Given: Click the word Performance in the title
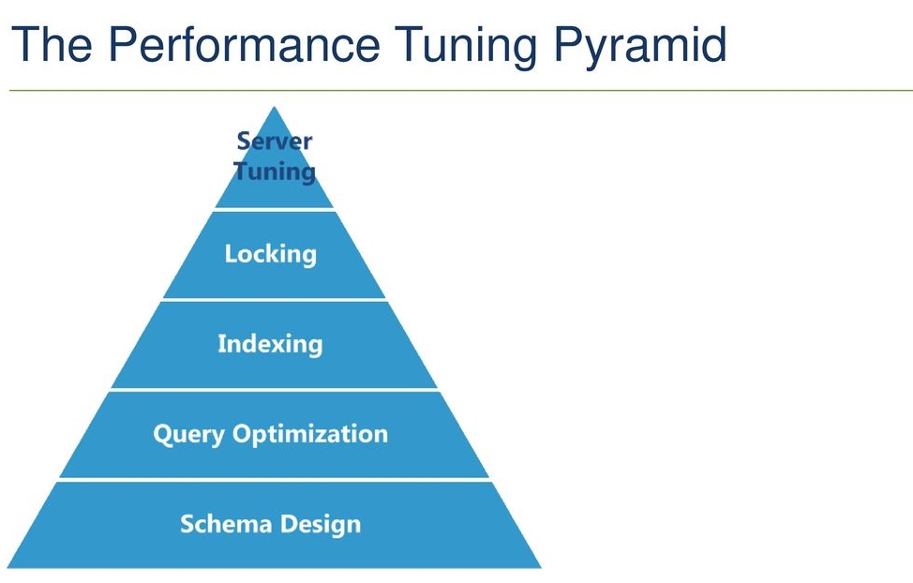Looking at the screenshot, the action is [245, 44].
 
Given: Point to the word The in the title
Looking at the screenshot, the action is [52, 44].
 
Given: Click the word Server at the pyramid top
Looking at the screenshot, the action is [275, 142].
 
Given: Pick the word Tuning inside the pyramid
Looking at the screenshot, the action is [275, 172].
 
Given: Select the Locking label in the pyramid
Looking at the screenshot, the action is [271, 255].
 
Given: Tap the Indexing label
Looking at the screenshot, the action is [270, 344].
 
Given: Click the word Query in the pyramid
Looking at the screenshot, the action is [188, 435].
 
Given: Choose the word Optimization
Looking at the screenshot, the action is [310, 435].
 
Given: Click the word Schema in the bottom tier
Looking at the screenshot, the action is [226, 524].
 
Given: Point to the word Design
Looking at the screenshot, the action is [321, 525].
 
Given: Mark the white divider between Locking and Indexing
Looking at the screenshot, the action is [275, 299].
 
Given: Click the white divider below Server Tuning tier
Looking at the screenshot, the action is [275, 209].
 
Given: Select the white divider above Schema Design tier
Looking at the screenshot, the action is [275, 479].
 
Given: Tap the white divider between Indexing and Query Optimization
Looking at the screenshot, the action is [275, 389].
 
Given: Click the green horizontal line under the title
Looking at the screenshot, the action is [461, 90].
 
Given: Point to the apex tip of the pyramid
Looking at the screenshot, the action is [275, 107].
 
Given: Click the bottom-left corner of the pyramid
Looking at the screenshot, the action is [7, 567].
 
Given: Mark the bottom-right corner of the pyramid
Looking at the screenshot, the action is [541, 567].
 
